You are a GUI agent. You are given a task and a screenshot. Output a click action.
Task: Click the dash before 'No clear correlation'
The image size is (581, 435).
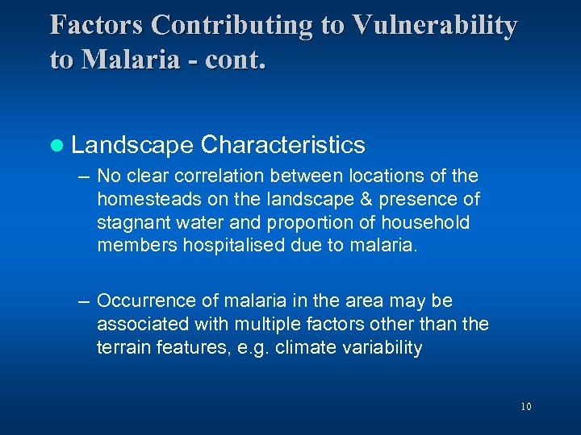click(83, 176)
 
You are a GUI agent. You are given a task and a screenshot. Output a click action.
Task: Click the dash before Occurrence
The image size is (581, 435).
click(83, 301)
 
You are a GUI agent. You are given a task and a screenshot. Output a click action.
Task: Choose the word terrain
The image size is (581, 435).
click(121, 347)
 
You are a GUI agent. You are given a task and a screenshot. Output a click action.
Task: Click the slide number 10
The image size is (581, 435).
click(526, 407)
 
